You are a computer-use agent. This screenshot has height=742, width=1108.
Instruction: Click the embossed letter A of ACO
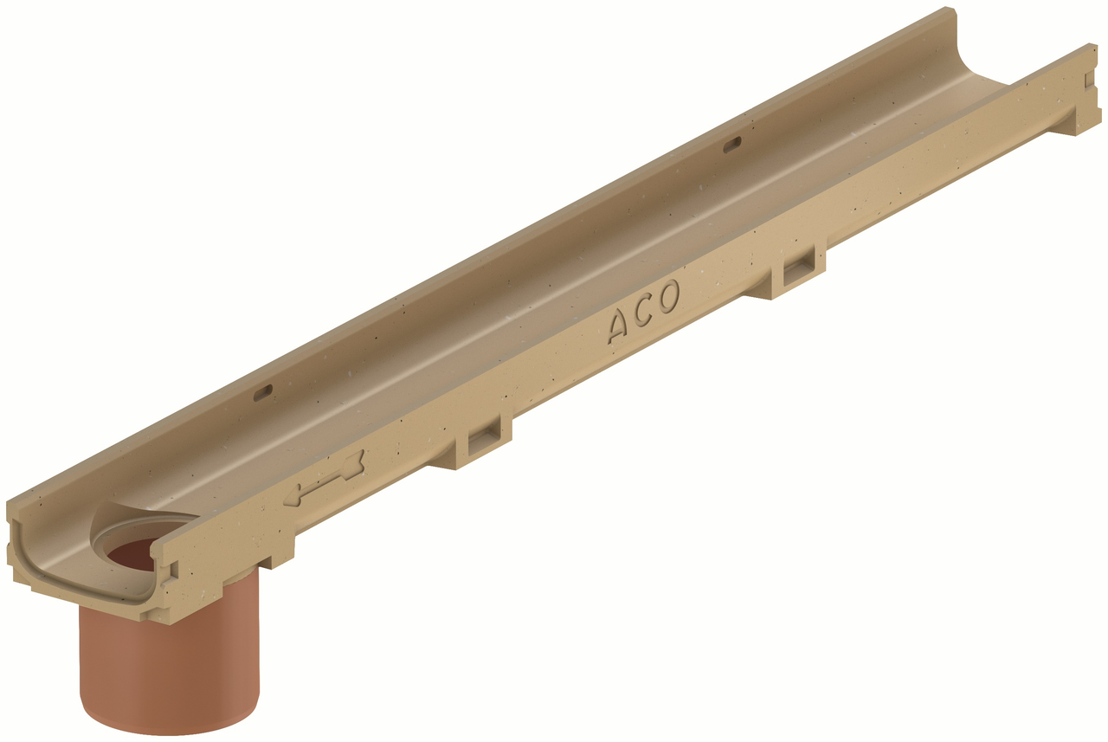click(622, 326)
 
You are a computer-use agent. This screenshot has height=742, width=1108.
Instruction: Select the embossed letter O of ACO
click(667, 297)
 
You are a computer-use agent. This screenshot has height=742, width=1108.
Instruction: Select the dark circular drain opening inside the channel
click(134, 555)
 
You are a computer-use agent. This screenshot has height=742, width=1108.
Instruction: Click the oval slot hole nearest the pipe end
click(262, 394)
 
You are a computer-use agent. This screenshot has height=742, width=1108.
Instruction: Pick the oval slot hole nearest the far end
click(732, 143)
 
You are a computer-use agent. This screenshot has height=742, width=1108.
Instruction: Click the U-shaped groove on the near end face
click(87, 589)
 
